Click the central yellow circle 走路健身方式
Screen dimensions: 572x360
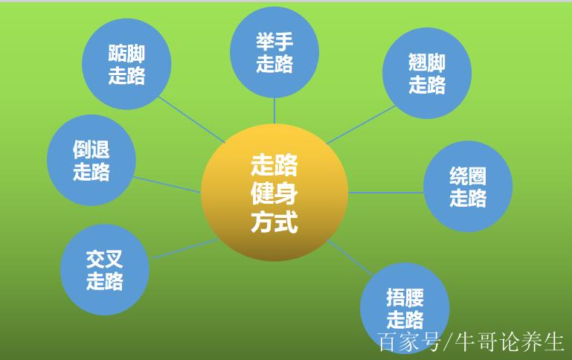point(274,192)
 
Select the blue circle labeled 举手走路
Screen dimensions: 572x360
point(274,52)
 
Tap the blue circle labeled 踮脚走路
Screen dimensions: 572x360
point(126,64)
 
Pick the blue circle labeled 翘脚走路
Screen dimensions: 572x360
point(427,73)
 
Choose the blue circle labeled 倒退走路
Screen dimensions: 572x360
point(91,160)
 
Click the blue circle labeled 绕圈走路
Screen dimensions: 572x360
point(468,187)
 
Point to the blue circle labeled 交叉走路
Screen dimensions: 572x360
point(105,269)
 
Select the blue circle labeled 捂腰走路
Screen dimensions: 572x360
point(405,308)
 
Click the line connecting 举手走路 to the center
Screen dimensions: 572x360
point(274,111)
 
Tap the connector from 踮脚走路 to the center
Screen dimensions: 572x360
point(192,120)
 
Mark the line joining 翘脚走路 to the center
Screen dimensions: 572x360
point(361,125)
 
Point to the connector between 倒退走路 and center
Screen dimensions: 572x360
point(167,184)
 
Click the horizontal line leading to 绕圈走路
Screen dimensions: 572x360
point(386,192)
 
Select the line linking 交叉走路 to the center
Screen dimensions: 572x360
point(184,248)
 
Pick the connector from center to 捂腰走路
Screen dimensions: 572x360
point(350,257)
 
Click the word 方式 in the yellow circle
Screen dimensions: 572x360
point(274,222)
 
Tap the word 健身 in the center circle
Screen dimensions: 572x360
point(274,193)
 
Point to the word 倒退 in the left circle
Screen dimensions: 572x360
point(91,150)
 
